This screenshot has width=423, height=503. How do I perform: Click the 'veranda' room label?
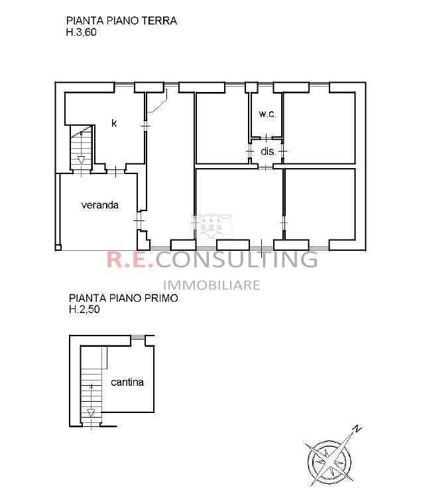(x=100, y=205)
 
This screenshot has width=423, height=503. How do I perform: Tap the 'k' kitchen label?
(x=114, y=122)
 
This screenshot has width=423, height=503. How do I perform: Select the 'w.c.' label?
(x=267, y=114)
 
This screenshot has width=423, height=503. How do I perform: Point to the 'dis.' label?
(x=269, y=151)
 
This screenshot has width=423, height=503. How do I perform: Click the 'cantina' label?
(x=127, y=382)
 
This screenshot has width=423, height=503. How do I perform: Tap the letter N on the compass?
(x=357, y=429)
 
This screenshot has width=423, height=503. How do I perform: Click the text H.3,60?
(x=82, y=32)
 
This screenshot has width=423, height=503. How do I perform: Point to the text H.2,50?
(x=85, y=310)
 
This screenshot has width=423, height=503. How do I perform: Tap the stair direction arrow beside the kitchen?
(x=81, y=160)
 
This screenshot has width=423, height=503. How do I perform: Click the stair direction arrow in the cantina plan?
(x=91, y=412)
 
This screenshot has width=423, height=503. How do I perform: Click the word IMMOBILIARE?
(x=211, y=285)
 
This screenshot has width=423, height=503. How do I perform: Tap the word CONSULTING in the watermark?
(x=237, y=259)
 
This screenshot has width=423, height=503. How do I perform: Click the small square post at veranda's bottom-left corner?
(x=58, y=247)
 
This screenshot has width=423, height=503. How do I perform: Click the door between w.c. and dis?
(x=267, y=138)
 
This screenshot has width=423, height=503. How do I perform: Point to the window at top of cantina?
(x=137, y=336)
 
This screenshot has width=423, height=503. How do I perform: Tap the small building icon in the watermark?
(x=211, y=226)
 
